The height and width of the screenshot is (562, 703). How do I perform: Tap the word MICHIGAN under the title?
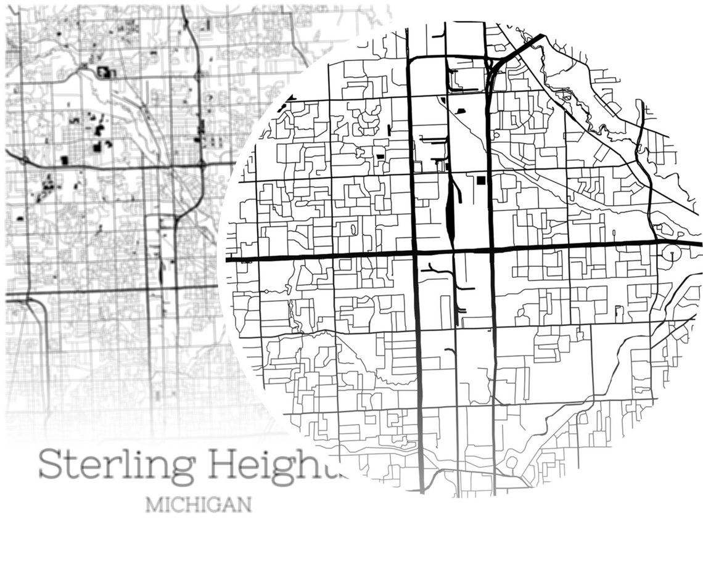coord(199,505)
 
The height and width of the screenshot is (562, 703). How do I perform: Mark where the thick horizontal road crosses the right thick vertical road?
coord(491,250)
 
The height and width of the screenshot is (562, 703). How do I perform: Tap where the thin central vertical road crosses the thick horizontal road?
coord(454,251)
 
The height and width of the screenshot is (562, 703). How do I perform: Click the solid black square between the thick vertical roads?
coord(480,179)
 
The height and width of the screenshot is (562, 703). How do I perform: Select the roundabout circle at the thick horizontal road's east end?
coord(671,253)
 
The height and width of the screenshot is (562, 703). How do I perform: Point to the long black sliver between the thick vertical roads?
coord(450,210)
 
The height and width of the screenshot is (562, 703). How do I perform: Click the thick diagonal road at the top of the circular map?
coord(522,48)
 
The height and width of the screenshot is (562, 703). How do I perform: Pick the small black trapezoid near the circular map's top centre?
coord(461,110)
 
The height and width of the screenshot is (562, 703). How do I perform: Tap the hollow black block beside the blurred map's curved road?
coord(103,73)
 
